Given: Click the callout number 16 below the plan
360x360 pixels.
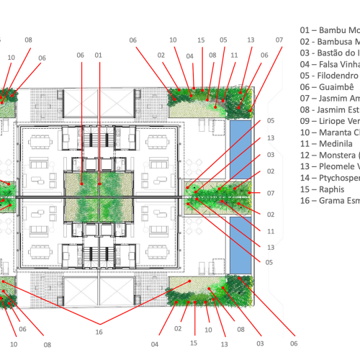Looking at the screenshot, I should [98, 331].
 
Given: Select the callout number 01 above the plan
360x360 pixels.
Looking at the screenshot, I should [99, 54].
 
